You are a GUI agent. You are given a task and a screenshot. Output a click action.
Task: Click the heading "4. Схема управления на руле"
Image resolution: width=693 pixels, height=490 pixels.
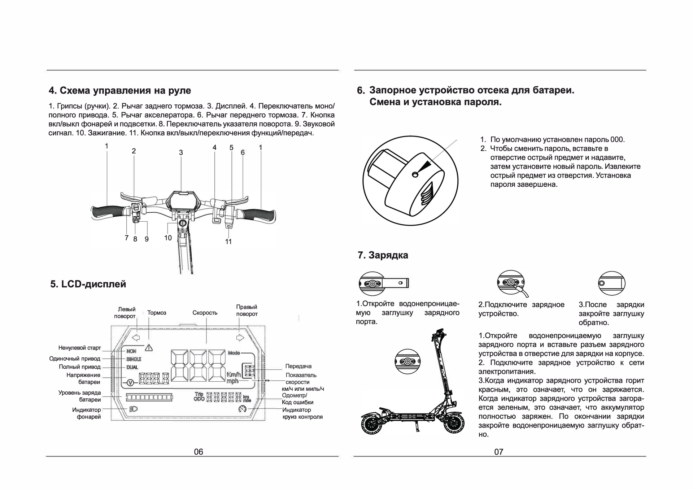click(x=120, y=91)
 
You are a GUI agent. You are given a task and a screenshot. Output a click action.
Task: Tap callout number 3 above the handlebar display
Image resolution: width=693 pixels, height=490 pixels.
click(x=181, y=153)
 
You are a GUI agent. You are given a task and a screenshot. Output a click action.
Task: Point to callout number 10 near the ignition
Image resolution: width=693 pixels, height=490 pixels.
click(x=168, y=238)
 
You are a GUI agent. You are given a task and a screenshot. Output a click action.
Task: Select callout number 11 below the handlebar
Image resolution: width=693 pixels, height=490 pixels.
click(x=228, y=242)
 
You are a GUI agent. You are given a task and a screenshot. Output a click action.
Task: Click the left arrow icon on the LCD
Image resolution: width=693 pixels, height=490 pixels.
click(x=136, y=338)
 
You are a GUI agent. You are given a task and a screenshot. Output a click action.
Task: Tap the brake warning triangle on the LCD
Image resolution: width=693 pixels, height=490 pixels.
click(x=149, y=348)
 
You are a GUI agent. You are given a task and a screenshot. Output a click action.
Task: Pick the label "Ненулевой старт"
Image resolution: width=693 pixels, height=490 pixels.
click(x=79, y=348)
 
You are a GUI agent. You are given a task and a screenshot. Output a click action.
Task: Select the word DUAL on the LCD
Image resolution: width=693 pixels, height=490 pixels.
click(x=132, y=367)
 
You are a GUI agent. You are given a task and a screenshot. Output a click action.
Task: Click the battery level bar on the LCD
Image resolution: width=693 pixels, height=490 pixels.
click(x=149, y=398)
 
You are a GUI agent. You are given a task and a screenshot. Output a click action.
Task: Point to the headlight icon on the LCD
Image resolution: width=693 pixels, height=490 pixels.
click(x=133, y=409)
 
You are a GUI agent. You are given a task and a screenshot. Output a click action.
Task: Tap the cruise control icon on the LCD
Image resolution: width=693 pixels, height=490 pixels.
click(x=242, y=409)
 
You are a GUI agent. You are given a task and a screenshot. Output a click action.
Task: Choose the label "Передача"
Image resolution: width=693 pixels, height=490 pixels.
click(x=298, y=366)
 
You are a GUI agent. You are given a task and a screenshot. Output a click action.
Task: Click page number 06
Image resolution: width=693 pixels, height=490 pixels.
click(x=199, y=452)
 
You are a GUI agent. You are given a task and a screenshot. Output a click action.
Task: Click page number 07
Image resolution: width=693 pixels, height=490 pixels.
click(x=498, y=452)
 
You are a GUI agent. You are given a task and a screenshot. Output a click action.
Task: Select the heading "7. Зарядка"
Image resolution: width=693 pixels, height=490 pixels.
click(x=383, y=255)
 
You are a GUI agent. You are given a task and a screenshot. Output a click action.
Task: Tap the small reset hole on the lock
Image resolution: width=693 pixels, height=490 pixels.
click(x=415, y=175)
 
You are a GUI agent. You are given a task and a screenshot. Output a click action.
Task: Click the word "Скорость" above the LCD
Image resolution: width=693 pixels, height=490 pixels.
click(x=205, y=313)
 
